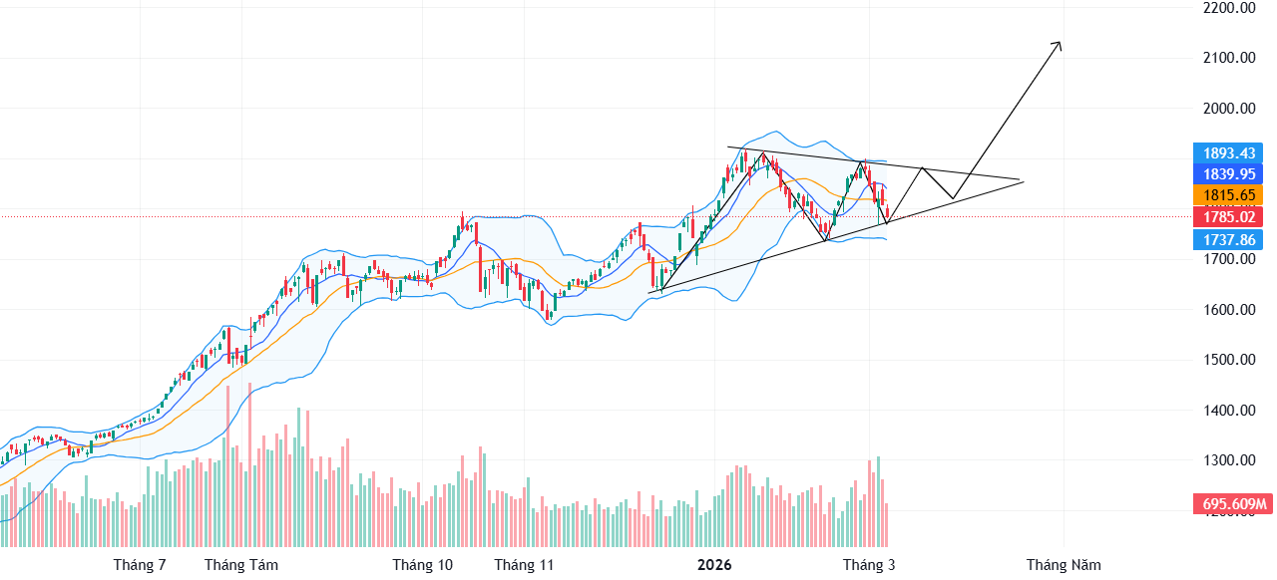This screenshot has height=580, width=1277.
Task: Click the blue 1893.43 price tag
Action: (x=1228, y=153)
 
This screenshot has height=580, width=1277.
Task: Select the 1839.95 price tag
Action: (x=1228, y=173)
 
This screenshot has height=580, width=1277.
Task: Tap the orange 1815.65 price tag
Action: (x=1228, y=195)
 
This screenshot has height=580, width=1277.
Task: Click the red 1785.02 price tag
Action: (x=1228, y=217)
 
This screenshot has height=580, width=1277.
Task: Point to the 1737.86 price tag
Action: (x=1228, y=240)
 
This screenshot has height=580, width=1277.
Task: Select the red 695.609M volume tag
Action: (x=1232, y=504)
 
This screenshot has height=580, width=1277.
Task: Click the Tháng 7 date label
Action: (x=140, y=565)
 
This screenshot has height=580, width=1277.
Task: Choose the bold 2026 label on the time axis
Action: (x=714, y=565)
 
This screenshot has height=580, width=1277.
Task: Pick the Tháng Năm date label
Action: (x=1064, y=565)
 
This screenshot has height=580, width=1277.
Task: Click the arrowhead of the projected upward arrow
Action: (x=1059, y=45)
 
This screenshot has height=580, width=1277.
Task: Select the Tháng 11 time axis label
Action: (x=524, y=565)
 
